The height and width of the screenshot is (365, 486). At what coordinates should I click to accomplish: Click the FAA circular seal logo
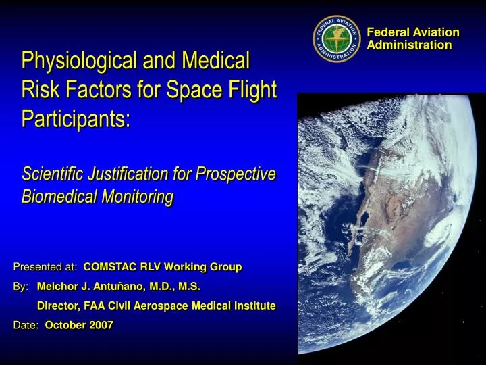coord(337,39)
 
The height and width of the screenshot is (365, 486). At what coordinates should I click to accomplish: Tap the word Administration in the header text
coord(409,45)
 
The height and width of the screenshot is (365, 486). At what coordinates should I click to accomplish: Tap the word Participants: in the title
coord(76,118)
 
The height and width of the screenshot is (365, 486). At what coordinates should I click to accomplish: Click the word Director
coord(58,306)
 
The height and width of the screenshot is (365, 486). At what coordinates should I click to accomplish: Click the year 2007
coord(101,325)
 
